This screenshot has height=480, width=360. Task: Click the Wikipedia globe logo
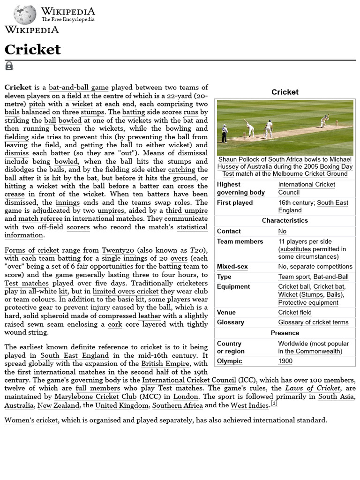click(25, 15)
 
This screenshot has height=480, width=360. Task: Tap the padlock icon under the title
click(9, 66)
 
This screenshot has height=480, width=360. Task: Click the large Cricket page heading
click(33, 49)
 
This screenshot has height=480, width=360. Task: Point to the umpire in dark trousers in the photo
click(225, 134)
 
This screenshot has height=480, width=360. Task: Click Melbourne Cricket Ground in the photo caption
click(310, 173)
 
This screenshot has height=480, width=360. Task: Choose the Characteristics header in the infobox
click(285, 220)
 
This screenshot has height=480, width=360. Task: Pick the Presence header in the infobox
click(285, 333)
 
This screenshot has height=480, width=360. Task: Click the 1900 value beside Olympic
click(285, 361)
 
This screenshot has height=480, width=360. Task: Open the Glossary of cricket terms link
click(313, 322)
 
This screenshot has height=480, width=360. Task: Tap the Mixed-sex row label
click(232, 267)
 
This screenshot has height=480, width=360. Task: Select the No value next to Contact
click(282, 231)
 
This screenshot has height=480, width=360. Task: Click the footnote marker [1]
click(273, 404)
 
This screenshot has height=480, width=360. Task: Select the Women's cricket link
click(31, 420)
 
